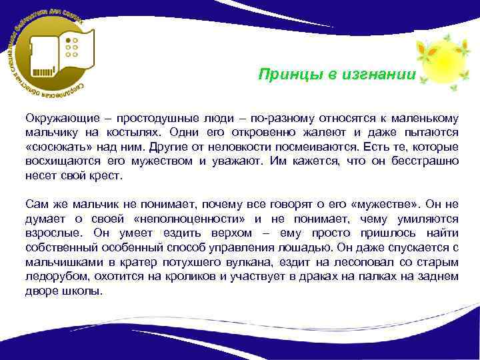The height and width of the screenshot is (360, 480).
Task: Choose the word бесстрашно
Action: [425, 161]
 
